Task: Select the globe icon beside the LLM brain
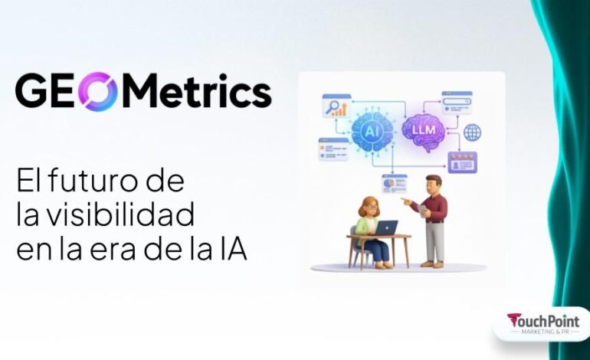[472, 132]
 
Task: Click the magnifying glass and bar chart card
[336, 106]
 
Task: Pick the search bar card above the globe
[456, 103]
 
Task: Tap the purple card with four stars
[462, 162]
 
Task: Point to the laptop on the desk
[387, 227]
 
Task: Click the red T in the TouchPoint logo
[513, 319]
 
